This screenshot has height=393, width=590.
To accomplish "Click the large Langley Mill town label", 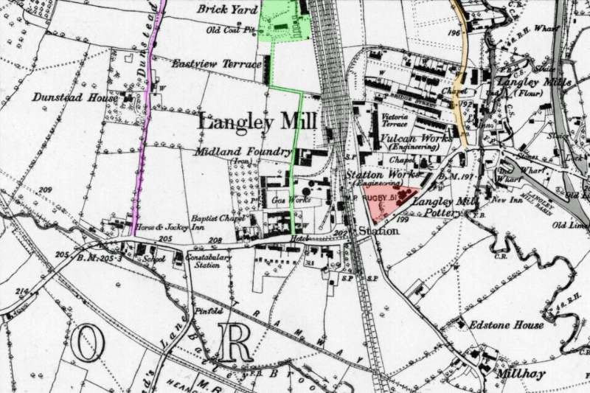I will point(257,122).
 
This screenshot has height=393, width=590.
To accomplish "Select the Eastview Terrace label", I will point(216,64).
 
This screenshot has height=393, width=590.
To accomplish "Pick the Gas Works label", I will point(285,201).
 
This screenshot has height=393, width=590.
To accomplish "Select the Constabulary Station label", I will point(208,260).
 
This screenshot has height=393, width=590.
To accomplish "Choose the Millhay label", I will point(520,374).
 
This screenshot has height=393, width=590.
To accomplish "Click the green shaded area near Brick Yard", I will point(284,21).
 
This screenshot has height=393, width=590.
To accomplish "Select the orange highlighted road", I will point(461,81).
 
